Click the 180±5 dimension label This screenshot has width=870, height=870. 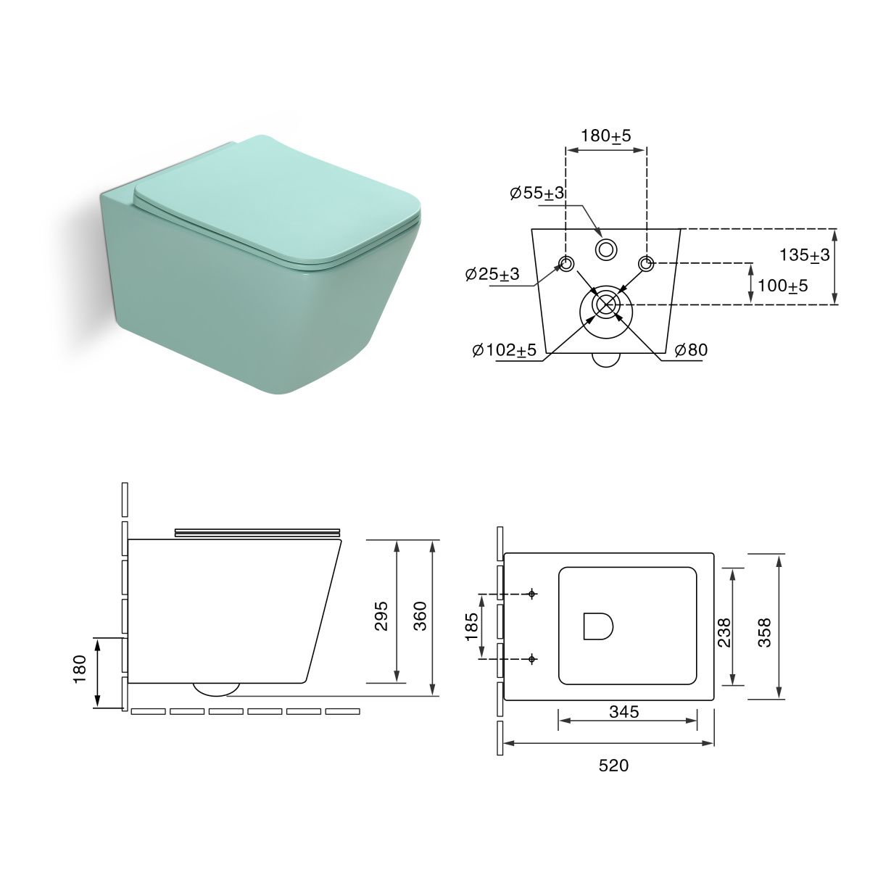point(605,136)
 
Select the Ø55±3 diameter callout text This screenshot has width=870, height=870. point(537,193)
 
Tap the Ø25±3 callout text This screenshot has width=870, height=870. point(492,273)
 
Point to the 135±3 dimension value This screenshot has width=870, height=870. point(805,255)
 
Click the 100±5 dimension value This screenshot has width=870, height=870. point(783,286)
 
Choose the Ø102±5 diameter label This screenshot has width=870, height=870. point(504,349)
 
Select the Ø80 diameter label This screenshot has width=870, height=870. point(691,349)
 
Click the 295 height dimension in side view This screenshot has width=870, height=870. point(381,616)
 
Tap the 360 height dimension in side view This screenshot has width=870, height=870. point(420,616)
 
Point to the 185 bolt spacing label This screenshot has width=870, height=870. point(472,626)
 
